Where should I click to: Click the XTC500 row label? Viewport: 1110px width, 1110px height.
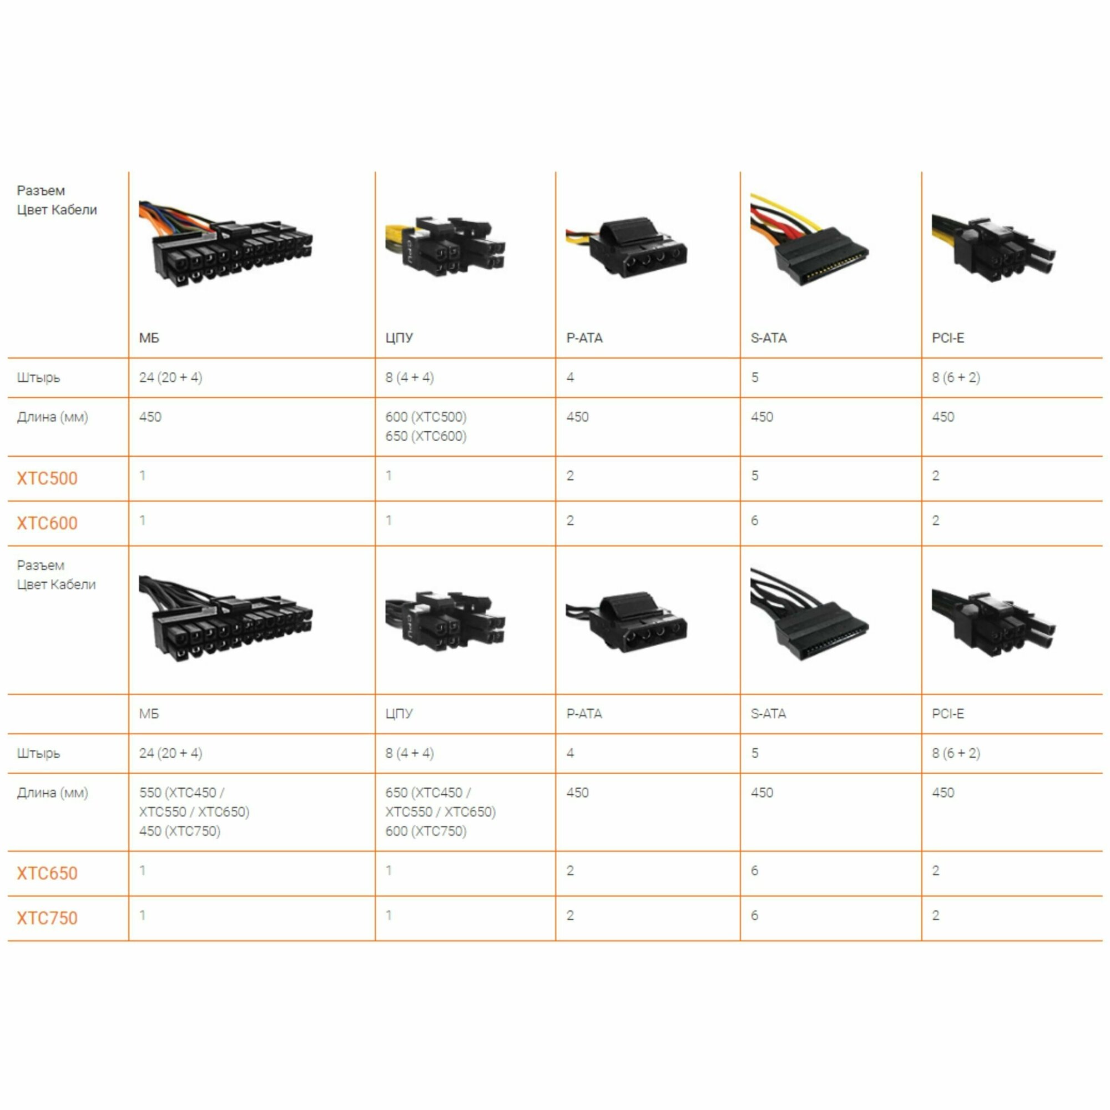coord(47,478)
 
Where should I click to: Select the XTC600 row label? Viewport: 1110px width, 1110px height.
coord(47,523)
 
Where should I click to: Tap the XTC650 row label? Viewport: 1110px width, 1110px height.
coord(47,873)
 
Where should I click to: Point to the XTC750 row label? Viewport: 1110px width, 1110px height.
coord(47,918)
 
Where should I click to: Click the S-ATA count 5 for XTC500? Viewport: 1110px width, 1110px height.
coord(755,476)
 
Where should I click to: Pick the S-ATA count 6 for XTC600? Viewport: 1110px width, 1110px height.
coord(755,521)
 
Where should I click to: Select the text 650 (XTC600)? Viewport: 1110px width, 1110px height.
coord(426,436)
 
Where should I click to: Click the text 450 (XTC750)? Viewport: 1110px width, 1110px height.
coord(179,831)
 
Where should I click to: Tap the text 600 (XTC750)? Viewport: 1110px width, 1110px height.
coord(426,831)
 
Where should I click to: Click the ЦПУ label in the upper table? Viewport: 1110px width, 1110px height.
coord(399,338)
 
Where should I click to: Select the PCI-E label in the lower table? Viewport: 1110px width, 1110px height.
coord(948,714)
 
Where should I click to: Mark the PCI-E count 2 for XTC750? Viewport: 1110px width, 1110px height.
coord(936,915)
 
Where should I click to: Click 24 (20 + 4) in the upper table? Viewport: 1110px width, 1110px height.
coord(170,377)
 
